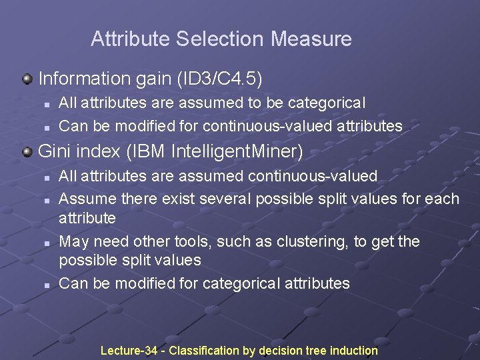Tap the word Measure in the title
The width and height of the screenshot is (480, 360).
tap(311, 39)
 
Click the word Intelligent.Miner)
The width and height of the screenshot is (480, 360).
tap(237, 152)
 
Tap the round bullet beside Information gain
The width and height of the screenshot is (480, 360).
tap(27, 79)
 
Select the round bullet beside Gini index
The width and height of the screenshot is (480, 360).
tap(27, 152)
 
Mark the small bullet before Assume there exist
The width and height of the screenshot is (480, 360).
tap(47, 199)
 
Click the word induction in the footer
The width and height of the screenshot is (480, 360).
tap(353, 351)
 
